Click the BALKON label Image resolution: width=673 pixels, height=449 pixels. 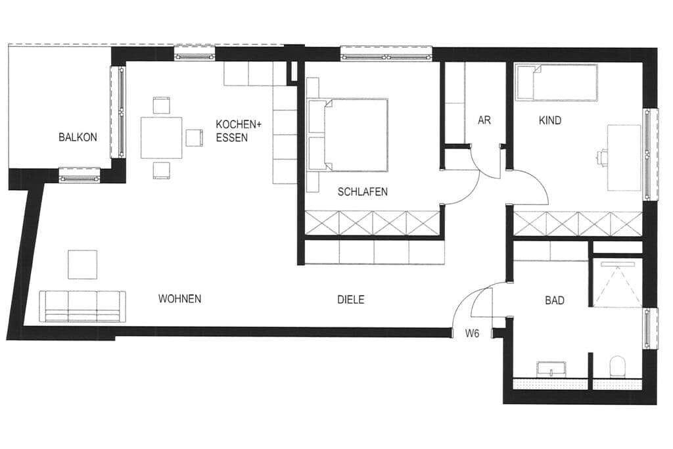(78, 137)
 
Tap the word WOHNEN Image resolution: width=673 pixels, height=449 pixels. (180, 298)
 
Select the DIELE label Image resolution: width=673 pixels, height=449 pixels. (351, 300)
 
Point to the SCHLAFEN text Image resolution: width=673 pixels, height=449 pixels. (363, 192)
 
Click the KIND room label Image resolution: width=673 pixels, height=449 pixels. (550, 120)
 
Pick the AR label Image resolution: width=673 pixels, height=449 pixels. (484, 120)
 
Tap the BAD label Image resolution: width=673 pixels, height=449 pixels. (555, 300)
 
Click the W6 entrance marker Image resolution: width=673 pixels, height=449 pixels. (472, 333)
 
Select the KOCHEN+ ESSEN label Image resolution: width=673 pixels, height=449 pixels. (238, 131)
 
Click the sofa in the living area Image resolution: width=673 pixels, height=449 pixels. (83, 306)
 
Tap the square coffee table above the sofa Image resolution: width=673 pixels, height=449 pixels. (82, 264)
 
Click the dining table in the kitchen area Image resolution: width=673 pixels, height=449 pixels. (162, 137)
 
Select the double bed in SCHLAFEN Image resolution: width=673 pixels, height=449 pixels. (348, 135)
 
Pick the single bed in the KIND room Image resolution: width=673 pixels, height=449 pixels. (557, 82)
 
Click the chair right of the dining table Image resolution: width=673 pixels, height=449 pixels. (194, 138)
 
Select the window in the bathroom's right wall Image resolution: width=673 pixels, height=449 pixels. (649, 329)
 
